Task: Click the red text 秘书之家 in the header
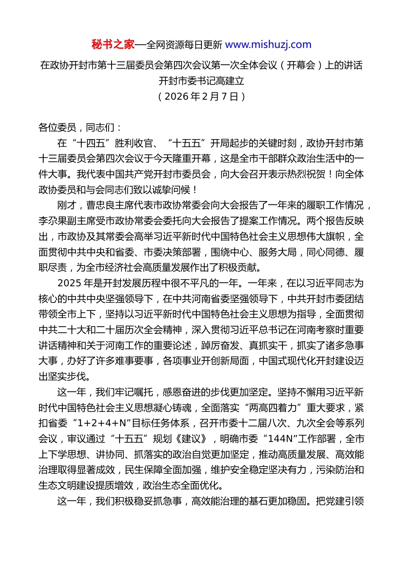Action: coord(113,45)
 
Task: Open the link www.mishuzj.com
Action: coord(268,45)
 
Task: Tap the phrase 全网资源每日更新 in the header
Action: coord(184,45)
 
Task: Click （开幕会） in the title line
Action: coord(301,65)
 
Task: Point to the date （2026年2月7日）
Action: coord(201,97)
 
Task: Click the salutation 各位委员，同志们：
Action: coord(81,128)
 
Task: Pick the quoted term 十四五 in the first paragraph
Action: coord(91,143)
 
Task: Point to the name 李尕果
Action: coord(53,221)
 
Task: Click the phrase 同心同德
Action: coord(325,252)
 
